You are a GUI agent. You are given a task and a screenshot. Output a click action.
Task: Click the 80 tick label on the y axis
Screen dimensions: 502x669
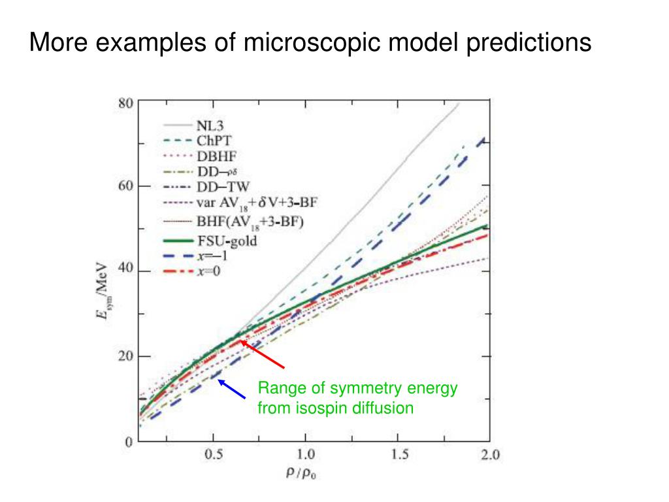(x=125, y=103)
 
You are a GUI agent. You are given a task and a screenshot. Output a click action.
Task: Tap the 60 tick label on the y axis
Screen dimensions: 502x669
(x=125, y=186)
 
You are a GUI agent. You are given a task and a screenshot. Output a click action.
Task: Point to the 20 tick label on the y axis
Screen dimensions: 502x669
(x=125, y=356)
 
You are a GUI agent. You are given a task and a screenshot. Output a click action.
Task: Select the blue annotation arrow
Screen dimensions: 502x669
(x=232, y=388)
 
